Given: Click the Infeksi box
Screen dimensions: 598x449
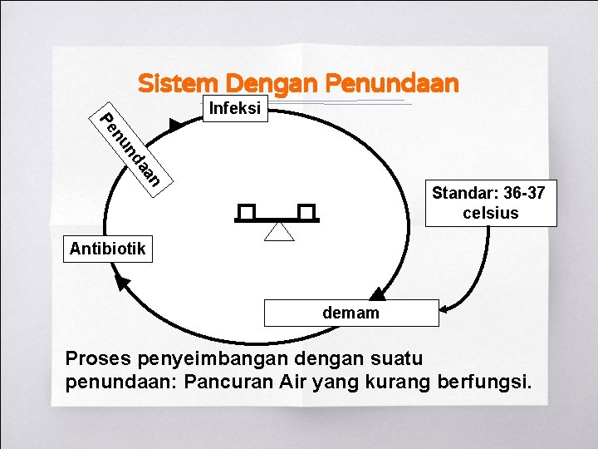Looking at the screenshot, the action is [236, 109].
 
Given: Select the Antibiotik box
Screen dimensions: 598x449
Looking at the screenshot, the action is [108, 249].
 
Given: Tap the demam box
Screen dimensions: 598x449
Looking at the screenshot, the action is [350, 313].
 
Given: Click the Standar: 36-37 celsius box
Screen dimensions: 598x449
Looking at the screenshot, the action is [490, 203].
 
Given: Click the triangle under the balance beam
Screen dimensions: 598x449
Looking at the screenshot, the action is [279, 230].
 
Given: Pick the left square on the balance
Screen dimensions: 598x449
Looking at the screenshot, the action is [247, 212].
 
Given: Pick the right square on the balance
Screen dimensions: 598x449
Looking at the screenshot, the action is [307, 212].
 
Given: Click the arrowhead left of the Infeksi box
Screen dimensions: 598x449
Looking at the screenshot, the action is [174, 126].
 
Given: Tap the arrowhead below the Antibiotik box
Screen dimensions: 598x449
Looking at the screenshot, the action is [123, 284].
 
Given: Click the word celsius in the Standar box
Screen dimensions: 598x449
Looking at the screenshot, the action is [490, 213].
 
